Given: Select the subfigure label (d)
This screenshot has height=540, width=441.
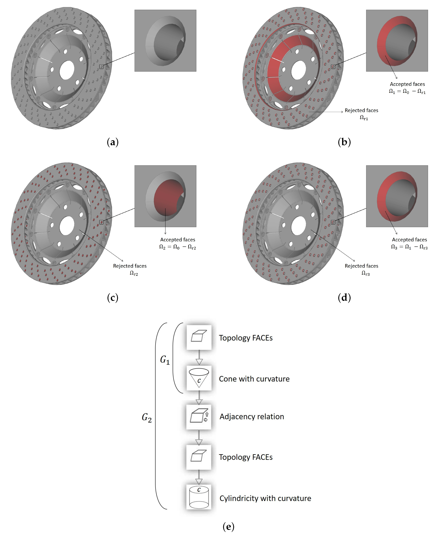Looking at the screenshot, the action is [x=344, y=298].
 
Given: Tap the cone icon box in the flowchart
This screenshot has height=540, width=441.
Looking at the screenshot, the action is [x=199, y=378].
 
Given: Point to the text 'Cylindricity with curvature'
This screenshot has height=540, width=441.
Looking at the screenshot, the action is [x=265, y=498].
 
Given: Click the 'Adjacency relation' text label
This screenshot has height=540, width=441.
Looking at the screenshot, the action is [x=252, y=417].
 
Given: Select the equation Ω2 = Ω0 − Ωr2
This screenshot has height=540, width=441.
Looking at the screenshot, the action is [x=178, y=247].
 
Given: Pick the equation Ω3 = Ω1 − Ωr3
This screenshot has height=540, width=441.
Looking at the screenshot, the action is [x=409, y=247].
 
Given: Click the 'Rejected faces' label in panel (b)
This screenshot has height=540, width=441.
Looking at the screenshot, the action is [x=361, y=110].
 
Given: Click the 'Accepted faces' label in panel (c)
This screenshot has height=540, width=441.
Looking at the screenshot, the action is [x=178, y=240].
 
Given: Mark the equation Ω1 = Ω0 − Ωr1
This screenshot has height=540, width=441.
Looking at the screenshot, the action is [x=407, y=91].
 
